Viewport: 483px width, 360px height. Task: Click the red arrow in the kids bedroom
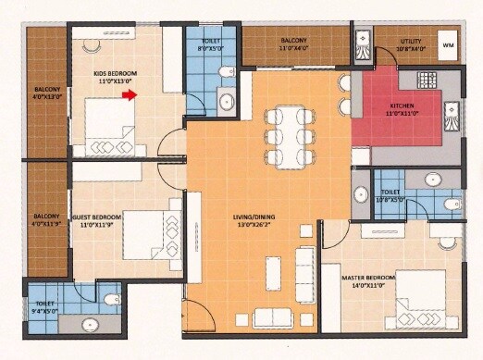pos(131,93)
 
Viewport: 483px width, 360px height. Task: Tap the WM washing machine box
pos(449,44)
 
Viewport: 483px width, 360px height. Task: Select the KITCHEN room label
pos(402,106)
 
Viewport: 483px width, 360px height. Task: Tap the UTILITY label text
pos(410,41)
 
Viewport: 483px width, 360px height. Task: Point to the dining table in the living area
pos(285,135)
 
